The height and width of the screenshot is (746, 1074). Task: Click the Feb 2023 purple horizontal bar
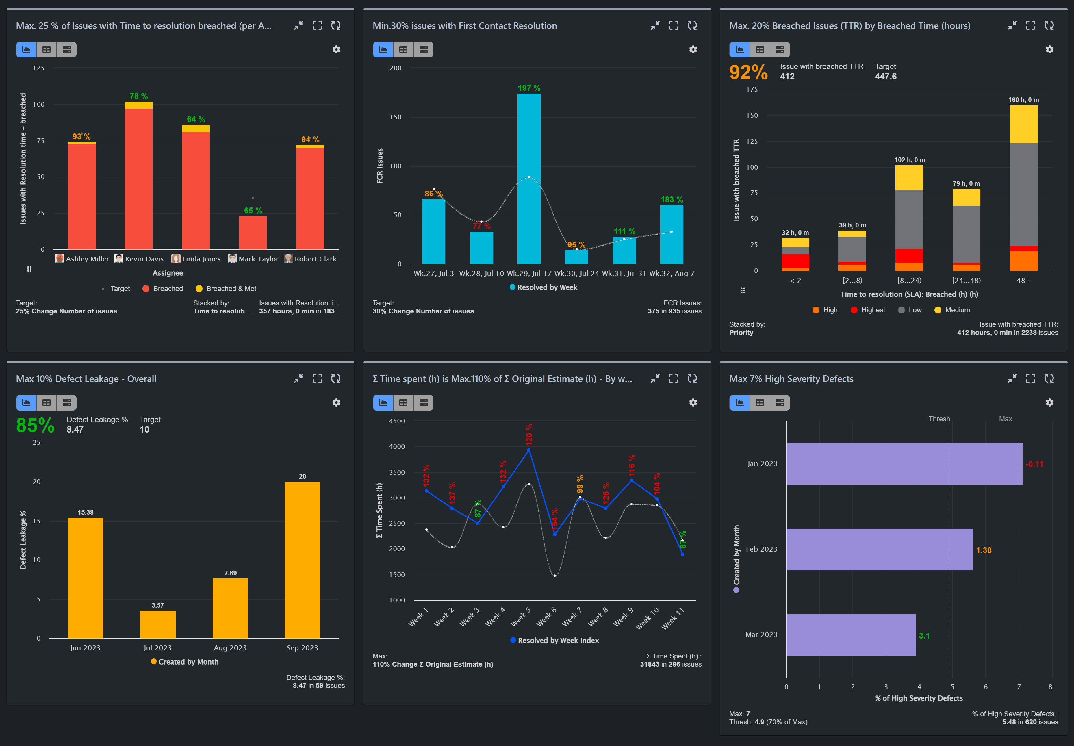click(879, 549)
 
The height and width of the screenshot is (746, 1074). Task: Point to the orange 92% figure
click(748, 73)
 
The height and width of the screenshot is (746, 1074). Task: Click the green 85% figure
click(35, 425)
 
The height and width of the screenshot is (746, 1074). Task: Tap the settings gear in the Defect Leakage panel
click(336, 402)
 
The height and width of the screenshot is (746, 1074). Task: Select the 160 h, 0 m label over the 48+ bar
click(1023, 100)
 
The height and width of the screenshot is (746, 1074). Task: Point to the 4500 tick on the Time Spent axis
click(397, 421)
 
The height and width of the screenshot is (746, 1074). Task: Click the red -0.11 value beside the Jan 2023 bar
click(1034, 464)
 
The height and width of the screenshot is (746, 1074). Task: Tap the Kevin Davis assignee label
click(144, 259)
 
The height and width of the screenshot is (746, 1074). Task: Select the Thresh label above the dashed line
click(939, 419)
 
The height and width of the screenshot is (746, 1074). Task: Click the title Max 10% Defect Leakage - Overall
click(86, 378)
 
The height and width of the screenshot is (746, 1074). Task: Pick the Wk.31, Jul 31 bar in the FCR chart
click(624, 251)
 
